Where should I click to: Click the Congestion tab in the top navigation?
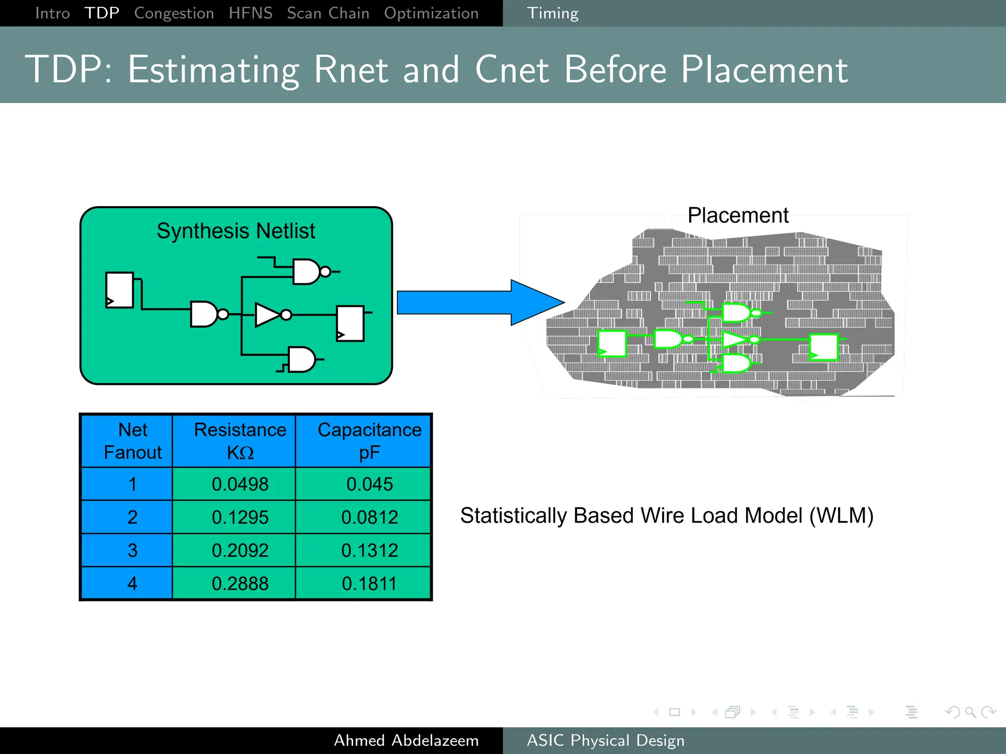tap(174, 13)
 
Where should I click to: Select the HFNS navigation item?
tap(251, 13)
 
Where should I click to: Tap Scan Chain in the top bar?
tap(328, 13)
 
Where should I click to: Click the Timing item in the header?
tap(553, 13)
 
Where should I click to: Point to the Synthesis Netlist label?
tap(236, 231)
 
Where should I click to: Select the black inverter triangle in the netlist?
tap(267, 315)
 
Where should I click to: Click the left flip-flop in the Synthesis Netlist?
tap(119, 290)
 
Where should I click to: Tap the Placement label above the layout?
tap(737, 215)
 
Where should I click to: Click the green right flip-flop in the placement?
tap(823, 347)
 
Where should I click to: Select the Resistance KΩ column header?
tap(240, 440)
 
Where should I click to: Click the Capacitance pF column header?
tap(369, 440)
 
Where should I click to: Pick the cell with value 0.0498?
tap(240, 484)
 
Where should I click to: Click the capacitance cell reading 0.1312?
tap(369, 550)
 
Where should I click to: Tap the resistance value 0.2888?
tap(240, 583)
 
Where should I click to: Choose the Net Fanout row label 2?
tap(132, 517)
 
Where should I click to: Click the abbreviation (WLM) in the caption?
tap(841, 515)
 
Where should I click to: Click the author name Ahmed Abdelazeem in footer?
tap(406, 740)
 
